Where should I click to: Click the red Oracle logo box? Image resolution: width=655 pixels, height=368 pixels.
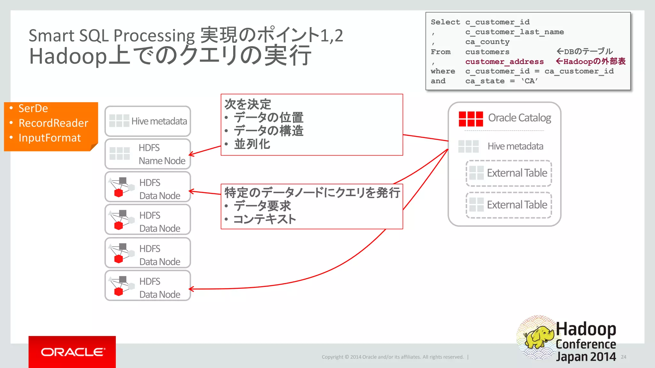pos(72,352)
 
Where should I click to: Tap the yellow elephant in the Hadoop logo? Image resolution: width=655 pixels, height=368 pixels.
pos(539,337)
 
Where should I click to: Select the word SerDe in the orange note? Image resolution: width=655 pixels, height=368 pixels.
pos(33,108)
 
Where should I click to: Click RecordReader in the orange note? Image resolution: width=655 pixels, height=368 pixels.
pos(53,123)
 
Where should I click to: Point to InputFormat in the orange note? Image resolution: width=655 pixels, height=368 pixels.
pos(50,138)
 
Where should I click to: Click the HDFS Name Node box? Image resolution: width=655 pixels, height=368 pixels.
pos(148,154)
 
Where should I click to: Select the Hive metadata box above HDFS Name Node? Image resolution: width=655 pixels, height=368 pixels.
pos(148,121)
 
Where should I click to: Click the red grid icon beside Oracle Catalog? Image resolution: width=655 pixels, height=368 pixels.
pos(470,119)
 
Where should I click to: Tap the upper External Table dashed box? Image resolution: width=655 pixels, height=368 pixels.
pos(509,173)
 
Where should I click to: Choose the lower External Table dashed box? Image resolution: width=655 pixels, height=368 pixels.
pos(509,205)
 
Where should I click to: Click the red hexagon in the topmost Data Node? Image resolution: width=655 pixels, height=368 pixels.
pos(119,193)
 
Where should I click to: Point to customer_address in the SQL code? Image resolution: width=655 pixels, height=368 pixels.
pos(504,61)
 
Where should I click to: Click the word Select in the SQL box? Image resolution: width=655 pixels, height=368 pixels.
pos(445,22)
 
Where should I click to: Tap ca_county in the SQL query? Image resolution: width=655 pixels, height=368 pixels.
pos(487,42)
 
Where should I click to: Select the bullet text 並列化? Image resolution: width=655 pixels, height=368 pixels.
pos(252,144)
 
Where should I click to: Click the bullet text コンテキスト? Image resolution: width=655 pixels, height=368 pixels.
pos(264,219)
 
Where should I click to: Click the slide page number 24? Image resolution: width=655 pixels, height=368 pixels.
pos(623,357)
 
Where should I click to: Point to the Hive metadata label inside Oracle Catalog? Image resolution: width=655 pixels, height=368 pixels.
pos(515,146)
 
